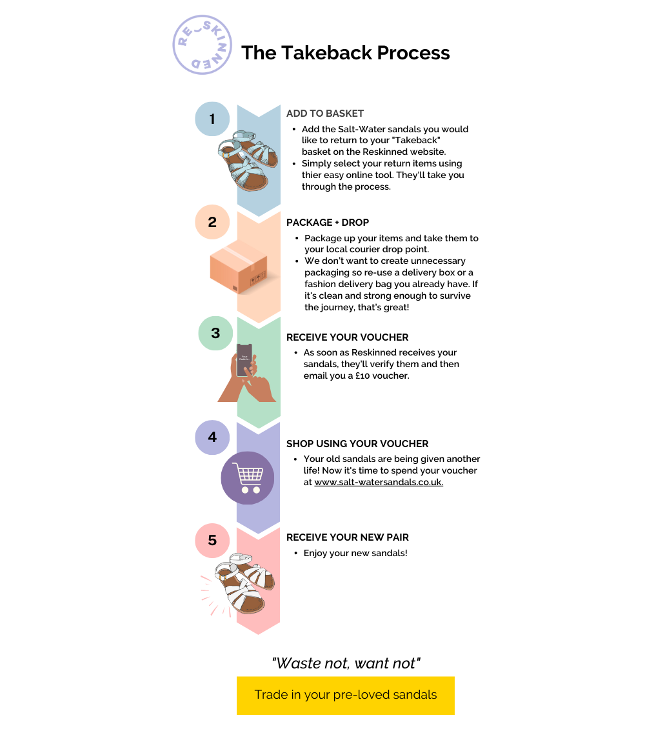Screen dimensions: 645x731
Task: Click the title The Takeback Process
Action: click(x=345, y=53)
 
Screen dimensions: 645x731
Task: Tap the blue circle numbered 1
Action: click(x=212, y=119)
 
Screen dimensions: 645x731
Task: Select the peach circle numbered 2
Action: click(x=212, y=222)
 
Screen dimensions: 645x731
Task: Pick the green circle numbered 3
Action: click(x=215, y=333)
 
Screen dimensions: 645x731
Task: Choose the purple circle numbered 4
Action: click(x=212, y=437)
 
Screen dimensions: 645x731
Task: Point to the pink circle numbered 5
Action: click(x=212, y=540)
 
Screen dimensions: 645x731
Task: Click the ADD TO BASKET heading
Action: click(x=325, y=114)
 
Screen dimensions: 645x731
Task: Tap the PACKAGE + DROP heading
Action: click(x=328, y=223)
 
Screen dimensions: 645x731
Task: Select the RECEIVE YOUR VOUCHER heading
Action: click(x=347, y=337)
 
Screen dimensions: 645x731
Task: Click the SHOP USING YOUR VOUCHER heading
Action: click(x=357, y=444)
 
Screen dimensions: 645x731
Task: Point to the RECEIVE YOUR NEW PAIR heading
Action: click(x=347, y=537)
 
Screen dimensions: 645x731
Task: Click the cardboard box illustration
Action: click(x=239, y=266)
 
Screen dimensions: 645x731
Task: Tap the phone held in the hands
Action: click(x=244, y=360)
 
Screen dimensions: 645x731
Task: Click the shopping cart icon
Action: click(x=248, y=478)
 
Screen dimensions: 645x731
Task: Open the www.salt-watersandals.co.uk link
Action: click(x=379, y=482)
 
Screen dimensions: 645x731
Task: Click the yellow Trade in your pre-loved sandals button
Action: click(x=345, y=695)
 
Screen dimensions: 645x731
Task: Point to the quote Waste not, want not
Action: click(x=346, y=663)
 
